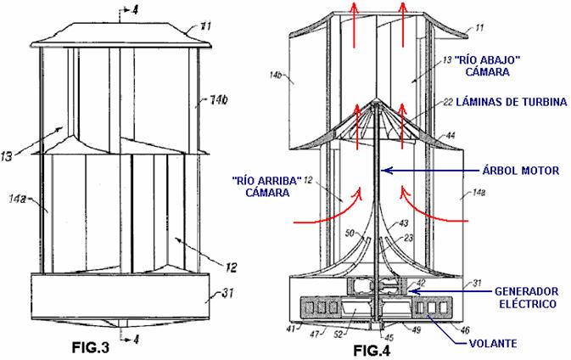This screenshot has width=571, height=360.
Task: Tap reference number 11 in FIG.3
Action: [x=206, y=26]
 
